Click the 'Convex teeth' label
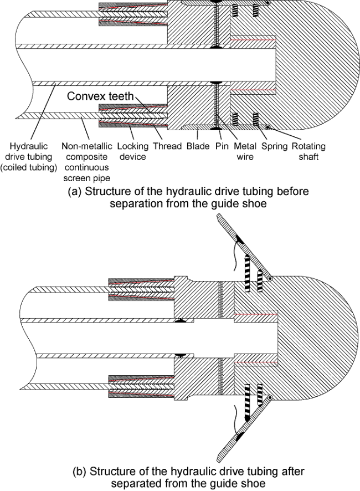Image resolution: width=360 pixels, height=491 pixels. [100, 96]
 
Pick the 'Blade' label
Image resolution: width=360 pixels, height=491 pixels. [199, 146]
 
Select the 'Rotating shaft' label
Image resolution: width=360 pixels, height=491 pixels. [307, 152]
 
